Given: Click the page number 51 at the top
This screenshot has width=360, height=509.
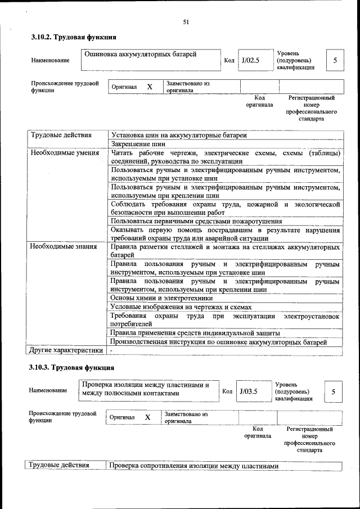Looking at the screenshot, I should (186, 22).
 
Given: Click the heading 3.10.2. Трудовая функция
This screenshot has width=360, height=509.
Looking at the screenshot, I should (73, 38).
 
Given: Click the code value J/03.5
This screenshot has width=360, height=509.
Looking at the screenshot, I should (248, 391).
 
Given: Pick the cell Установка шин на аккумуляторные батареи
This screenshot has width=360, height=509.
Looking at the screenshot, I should (178, 135).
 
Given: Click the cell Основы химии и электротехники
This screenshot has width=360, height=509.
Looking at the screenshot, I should (161, 298).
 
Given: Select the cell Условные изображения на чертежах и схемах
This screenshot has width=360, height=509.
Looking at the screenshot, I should (181, 307).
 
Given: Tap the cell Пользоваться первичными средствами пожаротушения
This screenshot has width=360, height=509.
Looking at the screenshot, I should (196, 222).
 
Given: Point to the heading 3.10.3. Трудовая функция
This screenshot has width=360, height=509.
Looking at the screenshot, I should (71, 368).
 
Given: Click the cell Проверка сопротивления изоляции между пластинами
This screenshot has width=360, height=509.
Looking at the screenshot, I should (193, 466).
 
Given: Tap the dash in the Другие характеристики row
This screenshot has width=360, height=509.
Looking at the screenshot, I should (111, 351).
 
